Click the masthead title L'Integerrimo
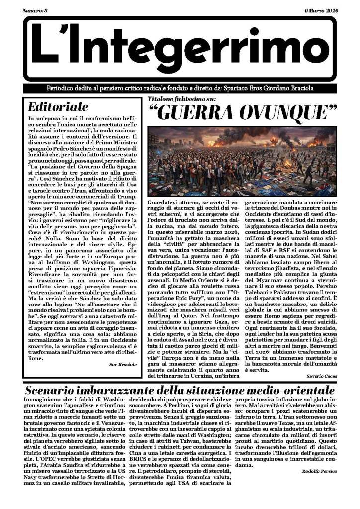tap(180, 48)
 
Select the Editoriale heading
tap(58, 107)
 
